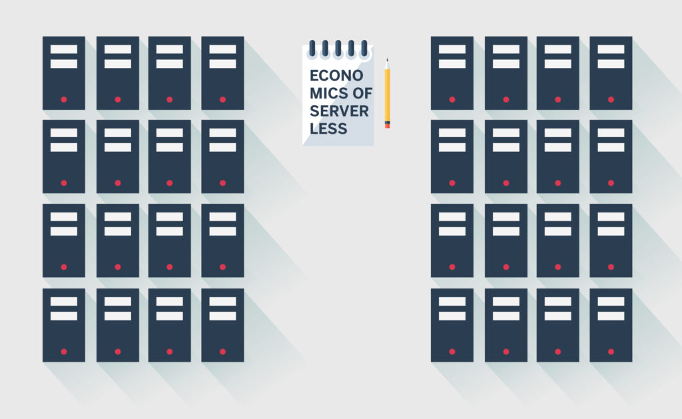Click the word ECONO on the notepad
tap(336, 76)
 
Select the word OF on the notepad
tap(362, 93)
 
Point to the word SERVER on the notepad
tap(339, 111)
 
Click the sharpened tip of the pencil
tap(387, 59)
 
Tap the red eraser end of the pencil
tap(387, 126)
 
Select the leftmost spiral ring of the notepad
tap(312, 49)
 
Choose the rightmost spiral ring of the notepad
tap(364, 49)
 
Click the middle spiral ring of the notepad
tap(338, 49)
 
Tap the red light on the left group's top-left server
tap(64, 100)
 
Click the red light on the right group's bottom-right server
tap(611, 352)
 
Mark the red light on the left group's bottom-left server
tap(64, 352)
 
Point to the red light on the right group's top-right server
tap(611, 100)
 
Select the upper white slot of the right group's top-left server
tap(452, 49)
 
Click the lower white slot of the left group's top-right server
tap(222, 64)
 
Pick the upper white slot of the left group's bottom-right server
tap(222, 301)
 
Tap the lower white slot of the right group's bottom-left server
tap(452, 316)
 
